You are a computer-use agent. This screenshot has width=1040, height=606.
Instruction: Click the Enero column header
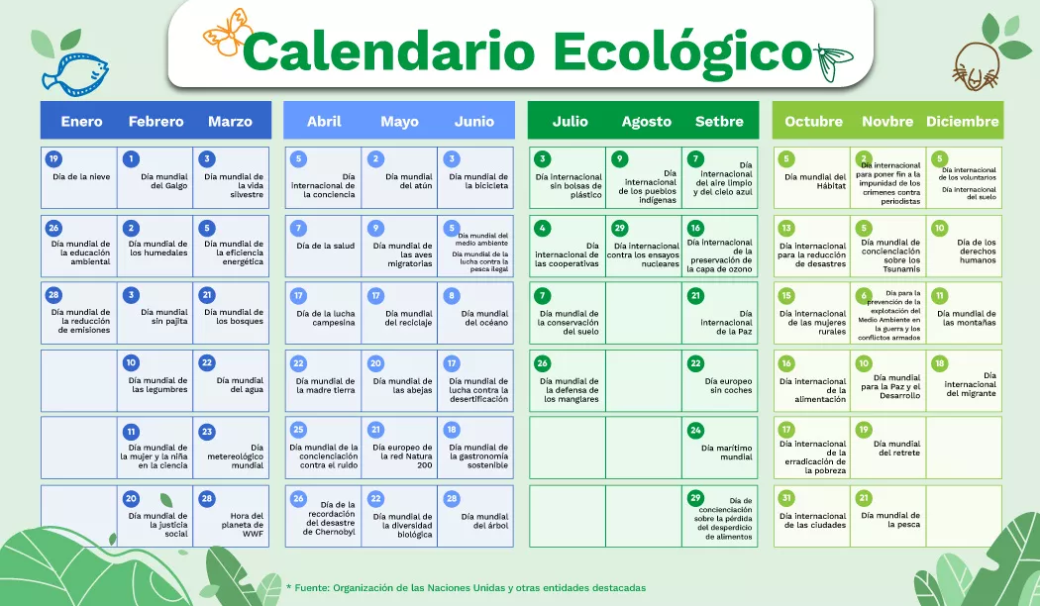click(81, 122)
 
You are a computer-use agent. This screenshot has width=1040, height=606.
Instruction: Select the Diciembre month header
click(962, 122)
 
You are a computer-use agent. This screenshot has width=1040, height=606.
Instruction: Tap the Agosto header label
click(646, 122)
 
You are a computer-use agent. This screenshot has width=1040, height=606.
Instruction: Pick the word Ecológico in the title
click(680, 50)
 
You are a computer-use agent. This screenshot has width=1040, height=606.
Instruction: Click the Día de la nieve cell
click(80, 177)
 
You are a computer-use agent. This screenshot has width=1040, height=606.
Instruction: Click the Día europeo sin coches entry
click(720, 381)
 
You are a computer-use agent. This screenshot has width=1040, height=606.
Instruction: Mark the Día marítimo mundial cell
click(720, 449)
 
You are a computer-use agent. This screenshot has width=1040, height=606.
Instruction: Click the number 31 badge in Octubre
click(786, 498)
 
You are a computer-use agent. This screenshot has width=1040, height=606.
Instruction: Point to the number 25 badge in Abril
click(298, 430)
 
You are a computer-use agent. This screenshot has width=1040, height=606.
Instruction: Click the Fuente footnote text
click(466, 587)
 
